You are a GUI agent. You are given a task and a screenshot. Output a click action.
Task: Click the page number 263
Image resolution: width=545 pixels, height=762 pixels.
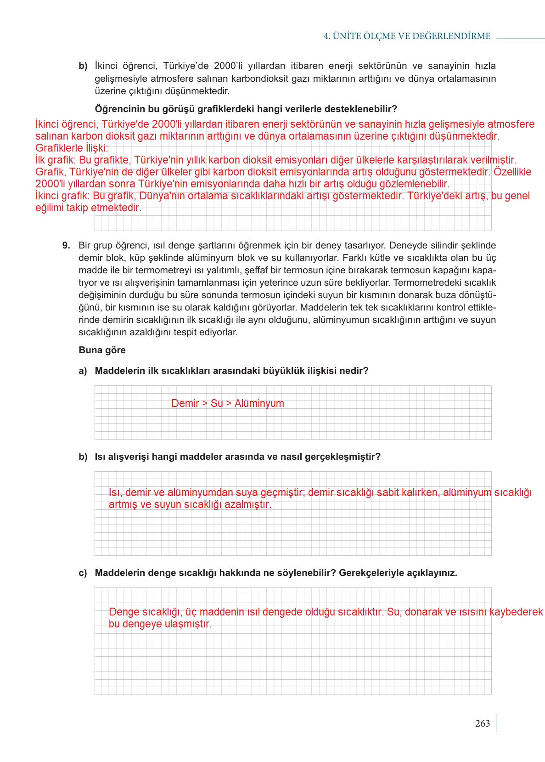[482, 723]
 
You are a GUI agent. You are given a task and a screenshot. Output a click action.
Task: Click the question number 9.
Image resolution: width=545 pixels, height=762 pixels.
[66, 245]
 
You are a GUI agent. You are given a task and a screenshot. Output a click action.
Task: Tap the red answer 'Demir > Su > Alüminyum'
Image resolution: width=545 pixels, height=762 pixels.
[227, 403]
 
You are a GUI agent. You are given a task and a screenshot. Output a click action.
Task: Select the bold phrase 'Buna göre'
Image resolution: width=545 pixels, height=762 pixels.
[102, 350]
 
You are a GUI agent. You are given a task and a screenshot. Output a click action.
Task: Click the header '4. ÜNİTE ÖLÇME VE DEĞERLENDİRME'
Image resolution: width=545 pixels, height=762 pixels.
[407, 36]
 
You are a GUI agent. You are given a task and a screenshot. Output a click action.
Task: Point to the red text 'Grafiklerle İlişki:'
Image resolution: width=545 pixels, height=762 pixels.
[72, 148]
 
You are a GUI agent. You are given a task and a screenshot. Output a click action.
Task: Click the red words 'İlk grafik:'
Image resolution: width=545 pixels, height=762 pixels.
[56, 160]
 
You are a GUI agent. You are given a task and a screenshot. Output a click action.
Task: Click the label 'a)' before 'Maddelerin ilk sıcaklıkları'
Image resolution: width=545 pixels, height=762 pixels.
[83, 371]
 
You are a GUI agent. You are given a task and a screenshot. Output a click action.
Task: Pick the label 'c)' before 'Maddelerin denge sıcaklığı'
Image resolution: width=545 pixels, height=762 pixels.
[83, 573]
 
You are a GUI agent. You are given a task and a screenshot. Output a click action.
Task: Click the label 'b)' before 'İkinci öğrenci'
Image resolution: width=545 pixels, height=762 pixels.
[83, 66]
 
